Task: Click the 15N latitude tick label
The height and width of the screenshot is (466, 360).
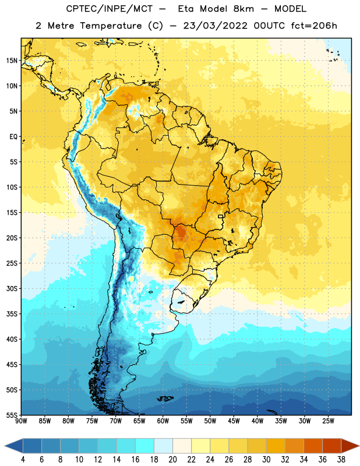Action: (12, 61)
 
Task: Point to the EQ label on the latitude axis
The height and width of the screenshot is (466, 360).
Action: (13, 137)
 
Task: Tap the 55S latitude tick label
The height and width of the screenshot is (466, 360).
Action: (12, 415)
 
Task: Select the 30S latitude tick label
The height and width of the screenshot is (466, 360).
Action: (12, 288)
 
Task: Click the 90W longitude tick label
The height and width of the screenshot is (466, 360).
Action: (22, 421)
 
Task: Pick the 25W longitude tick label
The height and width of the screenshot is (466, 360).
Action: (328, 421)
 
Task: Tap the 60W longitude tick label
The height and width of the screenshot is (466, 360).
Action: (163, 421)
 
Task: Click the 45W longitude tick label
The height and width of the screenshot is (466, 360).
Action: (234, 421)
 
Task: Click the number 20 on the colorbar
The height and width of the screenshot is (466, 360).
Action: (172, 460)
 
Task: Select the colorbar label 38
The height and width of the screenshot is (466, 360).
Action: (341, 460)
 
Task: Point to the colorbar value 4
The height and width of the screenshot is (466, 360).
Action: (23, 460)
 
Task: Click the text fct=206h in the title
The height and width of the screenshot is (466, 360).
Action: (314, 26)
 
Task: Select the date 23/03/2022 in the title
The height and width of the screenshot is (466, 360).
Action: (215, 26)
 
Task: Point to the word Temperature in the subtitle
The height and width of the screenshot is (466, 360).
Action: (111, 26)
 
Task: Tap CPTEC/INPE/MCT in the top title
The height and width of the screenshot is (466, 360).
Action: (110, 9)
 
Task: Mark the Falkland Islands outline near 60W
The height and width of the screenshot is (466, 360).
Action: (165, 398)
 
